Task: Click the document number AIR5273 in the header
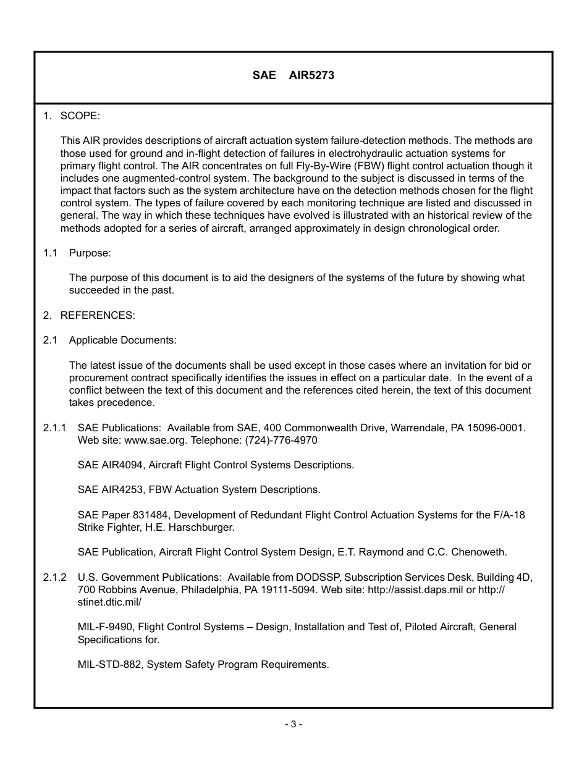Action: (x=311, y=75)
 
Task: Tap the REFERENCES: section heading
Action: (x=97, y=315)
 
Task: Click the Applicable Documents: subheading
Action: (x=122, y=340)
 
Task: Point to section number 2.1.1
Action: (x=54, y=428)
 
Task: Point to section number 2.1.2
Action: (x=54, y=577)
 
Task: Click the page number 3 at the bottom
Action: (x=293, y=724)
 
